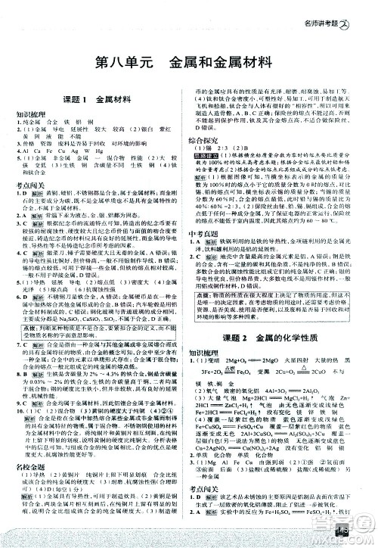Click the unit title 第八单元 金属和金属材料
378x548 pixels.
(x=189, y=59)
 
